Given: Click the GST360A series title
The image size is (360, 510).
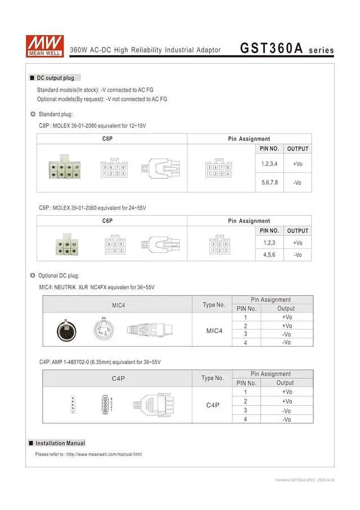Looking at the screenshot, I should [287, 48].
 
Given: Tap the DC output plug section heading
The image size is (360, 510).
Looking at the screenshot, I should [58, 78].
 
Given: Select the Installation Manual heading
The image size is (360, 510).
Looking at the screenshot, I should [60, 443].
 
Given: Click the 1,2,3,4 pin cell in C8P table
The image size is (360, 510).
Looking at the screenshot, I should [269, 164].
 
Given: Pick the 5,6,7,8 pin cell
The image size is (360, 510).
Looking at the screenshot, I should [269, 183].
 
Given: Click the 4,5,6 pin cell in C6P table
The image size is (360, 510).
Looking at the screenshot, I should [269, 254].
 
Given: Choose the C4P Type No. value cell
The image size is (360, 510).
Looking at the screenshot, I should [213, 405].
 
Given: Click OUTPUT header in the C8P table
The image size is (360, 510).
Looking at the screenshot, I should [298, 149].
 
